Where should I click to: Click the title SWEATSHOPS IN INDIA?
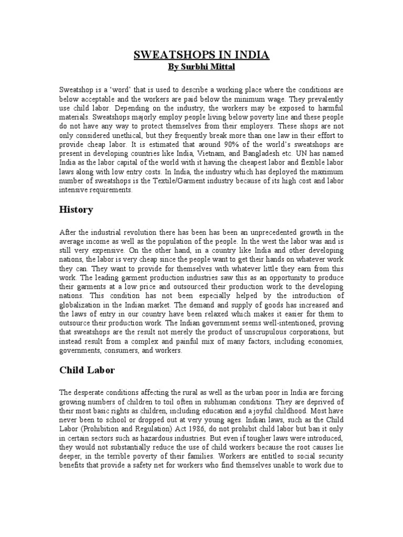point(201,55)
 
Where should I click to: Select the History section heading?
point(77,210)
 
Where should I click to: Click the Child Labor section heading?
point(87,370)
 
